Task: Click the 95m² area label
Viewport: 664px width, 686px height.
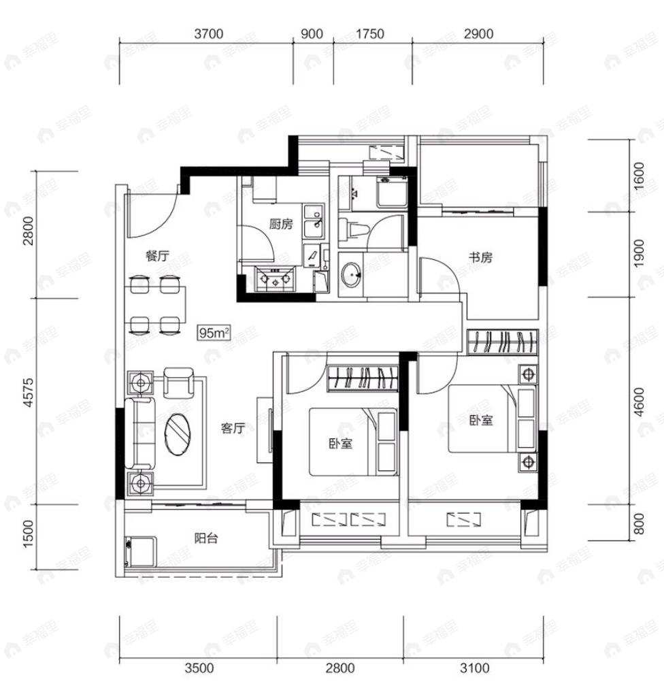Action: (214, 333)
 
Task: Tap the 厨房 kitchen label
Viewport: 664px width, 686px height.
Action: (281, 225)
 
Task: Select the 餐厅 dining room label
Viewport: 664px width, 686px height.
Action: (157, 256)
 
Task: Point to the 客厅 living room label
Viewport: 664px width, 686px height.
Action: (233, 428)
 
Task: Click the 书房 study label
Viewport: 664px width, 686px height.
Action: (480, 257)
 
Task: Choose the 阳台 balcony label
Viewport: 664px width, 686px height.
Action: (206, 538)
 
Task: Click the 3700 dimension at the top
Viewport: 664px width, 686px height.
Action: (209, 34)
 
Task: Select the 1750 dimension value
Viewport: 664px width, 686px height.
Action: (369, 34)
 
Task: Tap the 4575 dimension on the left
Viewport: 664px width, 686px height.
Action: (28, 393)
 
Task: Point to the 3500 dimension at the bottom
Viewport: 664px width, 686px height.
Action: (199, 668)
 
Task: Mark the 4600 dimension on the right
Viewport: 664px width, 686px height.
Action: (639, 402)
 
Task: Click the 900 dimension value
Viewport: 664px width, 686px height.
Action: (312, 34)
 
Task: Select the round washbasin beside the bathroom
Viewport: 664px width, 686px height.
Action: (351, 275)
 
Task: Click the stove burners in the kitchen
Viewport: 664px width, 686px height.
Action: (275, 279)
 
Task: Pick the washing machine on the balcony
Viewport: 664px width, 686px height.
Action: (140, 553)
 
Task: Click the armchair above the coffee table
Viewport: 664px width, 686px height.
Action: (178, 382)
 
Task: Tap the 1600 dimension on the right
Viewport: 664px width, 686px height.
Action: (639, 176)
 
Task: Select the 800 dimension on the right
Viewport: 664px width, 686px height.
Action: (639, 523)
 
